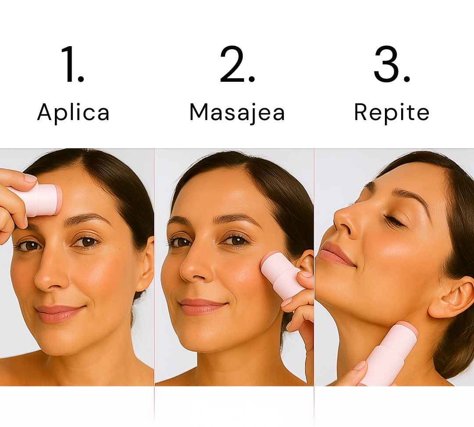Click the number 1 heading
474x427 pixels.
[73, 65]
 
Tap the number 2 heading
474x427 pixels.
[237, 65]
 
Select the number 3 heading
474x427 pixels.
[391, 65]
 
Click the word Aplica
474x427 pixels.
[73, 113]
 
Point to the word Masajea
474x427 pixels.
[237, 113]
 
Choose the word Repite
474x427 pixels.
[391, 113]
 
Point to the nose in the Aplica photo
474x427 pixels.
[50, 277]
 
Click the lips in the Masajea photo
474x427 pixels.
[202, 307]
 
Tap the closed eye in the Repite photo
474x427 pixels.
[394, 221]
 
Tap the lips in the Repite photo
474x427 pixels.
[336, 254]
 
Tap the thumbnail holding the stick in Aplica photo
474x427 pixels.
[30, 178]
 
